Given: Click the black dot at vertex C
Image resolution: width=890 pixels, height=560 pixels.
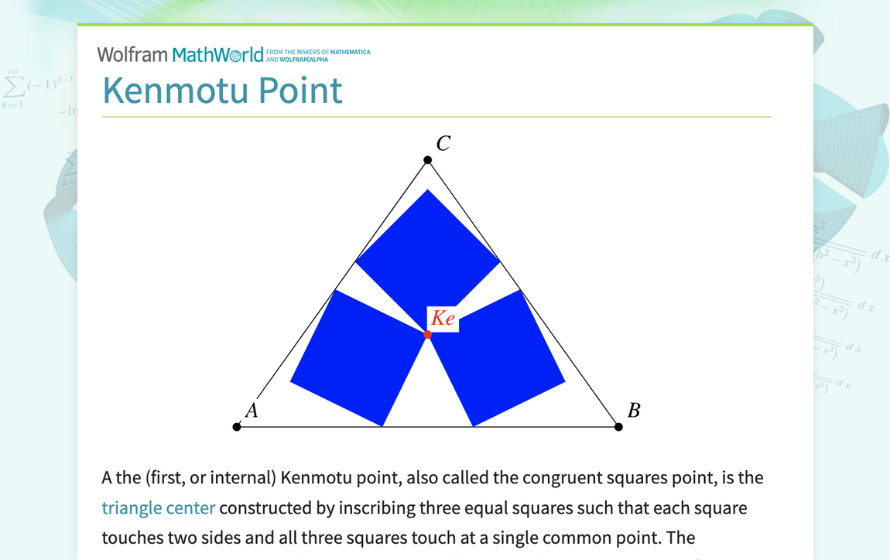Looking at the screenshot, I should (427, 160).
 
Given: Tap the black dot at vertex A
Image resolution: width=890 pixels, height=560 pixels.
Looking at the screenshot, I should (237, 427).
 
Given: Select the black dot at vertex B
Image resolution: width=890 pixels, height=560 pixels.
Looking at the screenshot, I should (618, 427).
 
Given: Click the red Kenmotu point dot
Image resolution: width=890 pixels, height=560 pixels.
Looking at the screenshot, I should (428, 334).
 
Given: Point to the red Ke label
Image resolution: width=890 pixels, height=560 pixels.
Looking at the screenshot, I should (443, 318).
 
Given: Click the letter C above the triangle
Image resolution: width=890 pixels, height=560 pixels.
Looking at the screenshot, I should (443, 144).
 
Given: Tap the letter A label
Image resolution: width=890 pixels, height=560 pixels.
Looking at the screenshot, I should (252, 411).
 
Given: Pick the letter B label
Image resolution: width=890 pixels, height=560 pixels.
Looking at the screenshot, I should (633, 411).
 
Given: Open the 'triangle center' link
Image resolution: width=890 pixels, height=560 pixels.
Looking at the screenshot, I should (158, 507).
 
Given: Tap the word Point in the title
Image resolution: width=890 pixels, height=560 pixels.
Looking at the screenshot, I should (300, 90).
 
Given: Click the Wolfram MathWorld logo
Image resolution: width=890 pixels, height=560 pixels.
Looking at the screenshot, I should (180, 55).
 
